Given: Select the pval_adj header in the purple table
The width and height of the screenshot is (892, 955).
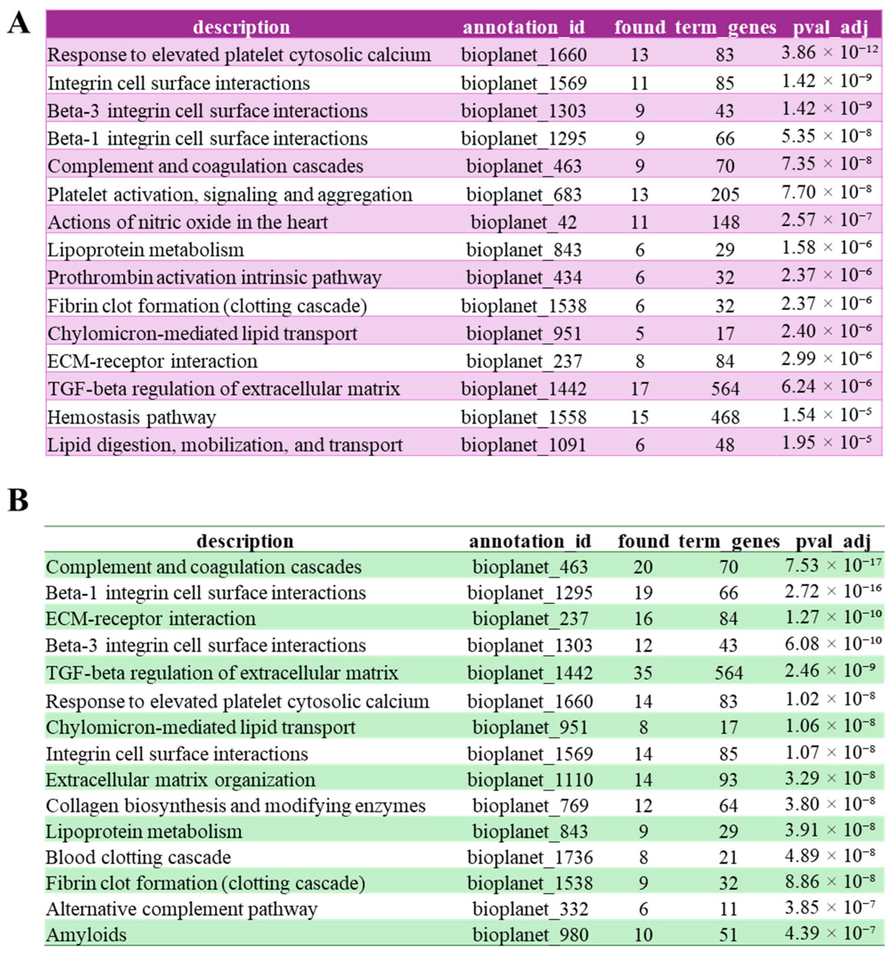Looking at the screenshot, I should (830, 27).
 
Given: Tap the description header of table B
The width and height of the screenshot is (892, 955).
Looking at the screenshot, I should (245, 541).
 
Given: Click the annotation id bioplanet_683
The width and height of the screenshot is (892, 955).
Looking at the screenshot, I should (524, 195).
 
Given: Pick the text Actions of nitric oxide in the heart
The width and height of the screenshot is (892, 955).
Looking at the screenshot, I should (188, 222).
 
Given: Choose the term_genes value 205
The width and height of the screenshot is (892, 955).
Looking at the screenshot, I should (725, 195).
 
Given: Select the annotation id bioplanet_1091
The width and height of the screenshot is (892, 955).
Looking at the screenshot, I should (524, 445).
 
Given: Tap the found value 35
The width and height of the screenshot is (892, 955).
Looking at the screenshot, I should (642, 672).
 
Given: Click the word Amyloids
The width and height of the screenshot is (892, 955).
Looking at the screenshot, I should (86, 935).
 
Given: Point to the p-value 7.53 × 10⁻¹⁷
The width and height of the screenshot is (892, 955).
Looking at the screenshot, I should (833, 566).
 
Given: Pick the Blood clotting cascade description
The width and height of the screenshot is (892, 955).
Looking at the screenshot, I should (138, 857).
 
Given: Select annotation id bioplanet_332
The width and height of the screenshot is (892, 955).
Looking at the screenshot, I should (530, 909).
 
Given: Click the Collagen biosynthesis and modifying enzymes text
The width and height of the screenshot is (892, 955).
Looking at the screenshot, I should (235, 805).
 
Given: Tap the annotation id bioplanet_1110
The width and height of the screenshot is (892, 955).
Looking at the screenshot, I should (530, 779).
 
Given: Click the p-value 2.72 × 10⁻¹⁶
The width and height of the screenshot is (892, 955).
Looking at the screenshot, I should (833, 592).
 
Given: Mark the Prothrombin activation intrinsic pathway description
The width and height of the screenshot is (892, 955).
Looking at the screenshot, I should (214, 277).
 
